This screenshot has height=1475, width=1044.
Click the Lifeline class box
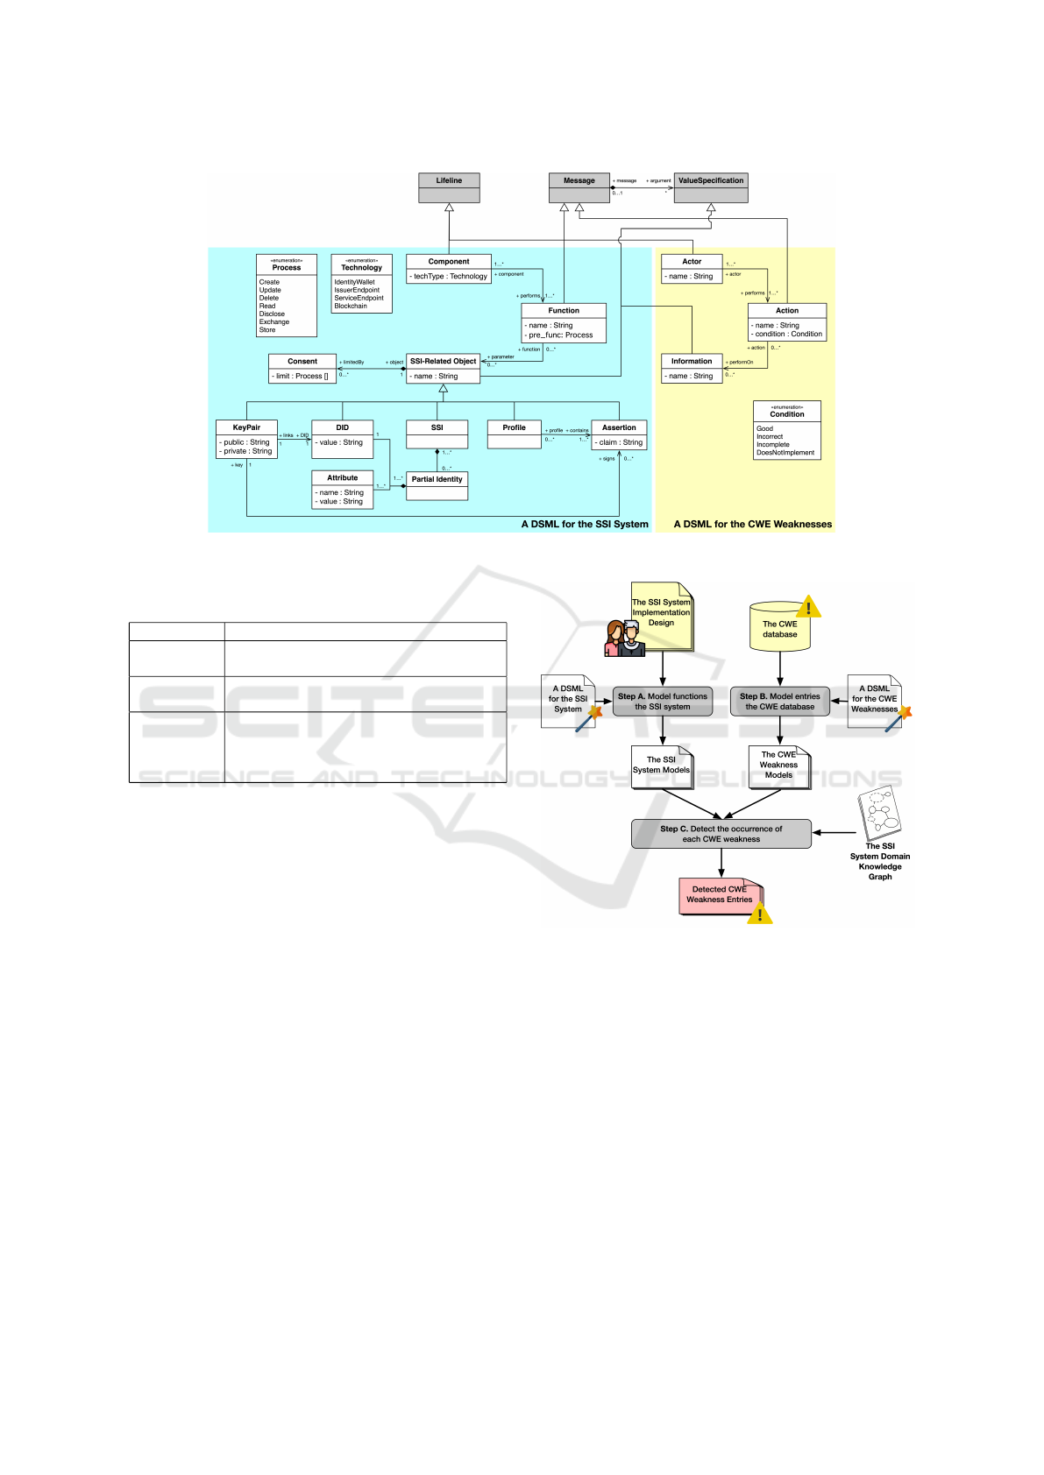[449, 187]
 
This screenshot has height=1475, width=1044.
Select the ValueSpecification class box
[710, 187]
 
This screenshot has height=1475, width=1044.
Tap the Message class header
[579, 180]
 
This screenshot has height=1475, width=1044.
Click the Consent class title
[302, 361]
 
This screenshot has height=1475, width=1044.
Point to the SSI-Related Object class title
[443, 361]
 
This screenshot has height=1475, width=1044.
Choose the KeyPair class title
[246, 427]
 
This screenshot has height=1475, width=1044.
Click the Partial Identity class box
[437, 485]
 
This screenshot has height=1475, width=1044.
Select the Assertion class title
[619, 427]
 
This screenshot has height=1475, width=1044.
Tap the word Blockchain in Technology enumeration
[351, 306]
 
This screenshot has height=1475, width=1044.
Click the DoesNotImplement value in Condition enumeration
[785, 453]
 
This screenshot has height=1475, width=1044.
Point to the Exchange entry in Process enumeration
[274, 321]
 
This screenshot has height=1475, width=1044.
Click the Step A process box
[663, 702]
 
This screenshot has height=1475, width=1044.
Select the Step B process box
[780, 702]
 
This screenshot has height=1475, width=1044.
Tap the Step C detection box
[721, 834]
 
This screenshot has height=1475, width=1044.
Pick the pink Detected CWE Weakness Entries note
[720, 895]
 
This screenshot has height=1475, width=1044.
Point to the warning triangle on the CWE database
[808, 606]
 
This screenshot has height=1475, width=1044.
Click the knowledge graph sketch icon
[880, 813]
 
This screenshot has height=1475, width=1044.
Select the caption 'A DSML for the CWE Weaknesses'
[752, 524]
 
